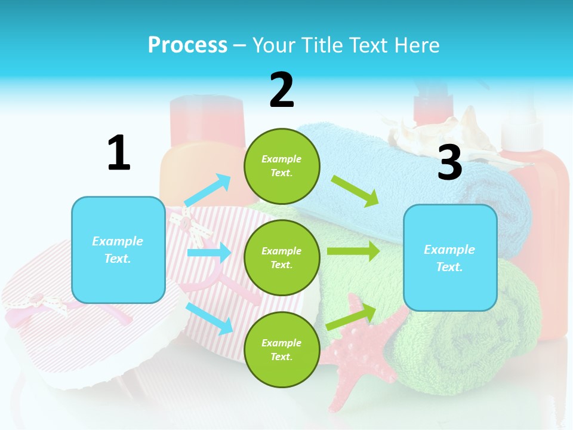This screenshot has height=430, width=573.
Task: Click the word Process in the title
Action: click(x=187, y=45)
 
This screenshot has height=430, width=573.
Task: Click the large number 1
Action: click(x=119, y=153)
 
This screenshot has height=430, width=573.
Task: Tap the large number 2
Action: click(x=282, y=90)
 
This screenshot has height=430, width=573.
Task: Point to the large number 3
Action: click(x=449, y=162)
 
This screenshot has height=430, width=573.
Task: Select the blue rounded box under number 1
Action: click(x=118, y=250)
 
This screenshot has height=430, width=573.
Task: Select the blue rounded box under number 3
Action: click(x=450, y=257)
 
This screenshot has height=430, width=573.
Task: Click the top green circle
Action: click(x=282, y=166)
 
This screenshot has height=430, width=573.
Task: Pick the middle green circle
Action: click(x=282, y=257)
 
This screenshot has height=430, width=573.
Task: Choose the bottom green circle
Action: click(x=282, y=349)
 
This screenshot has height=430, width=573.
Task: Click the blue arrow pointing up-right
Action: click(x=208, y=190)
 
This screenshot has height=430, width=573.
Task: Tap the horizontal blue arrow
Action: click(x=209, y=253)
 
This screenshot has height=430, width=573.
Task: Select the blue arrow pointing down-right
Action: click(x=210, y=318)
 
